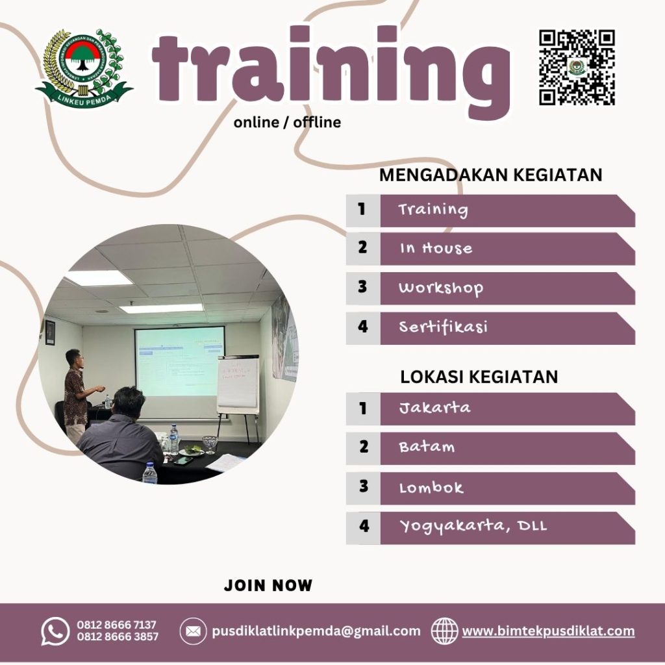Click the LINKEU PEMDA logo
pos(84,68)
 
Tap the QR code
pos(577,67)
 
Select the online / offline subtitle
pos(287,122)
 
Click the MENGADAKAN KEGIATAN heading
pos(490,175)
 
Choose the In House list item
pos(436,249)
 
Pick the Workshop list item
pos(441,288)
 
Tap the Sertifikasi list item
pos(443,327)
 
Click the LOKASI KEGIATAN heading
pos(479,377)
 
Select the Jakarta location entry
pos(434,408)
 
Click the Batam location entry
pos(427,447)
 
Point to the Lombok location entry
pos(431,487)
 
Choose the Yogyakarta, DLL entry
pos(473,526)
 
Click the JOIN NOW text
pos(268,585)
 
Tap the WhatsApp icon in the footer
pos(55,631)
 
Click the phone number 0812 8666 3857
pos(118,637)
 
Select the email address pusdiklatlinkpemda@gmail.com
pos(316,631)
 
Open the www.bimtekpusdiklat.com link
pos(548,631)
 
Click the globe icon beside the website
pos(445,631)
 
